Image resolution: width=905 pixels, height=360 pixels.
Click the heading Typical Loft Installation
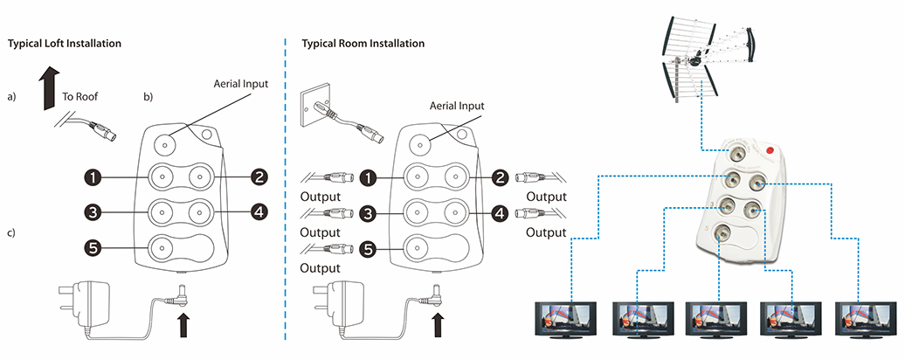point(64,43)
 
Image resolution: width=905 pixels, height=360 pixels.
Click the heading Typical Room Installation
point(363,43)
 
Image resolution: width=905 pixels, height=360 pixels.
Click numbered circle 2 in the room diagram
point(500,177)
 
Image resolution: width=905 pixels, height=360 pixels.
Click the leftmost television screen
point(565,318)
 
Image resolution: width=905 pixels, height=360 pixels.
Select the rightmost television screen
point(866,318)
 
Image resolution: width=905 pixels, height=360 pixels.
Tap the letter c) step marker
point(12,234)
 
